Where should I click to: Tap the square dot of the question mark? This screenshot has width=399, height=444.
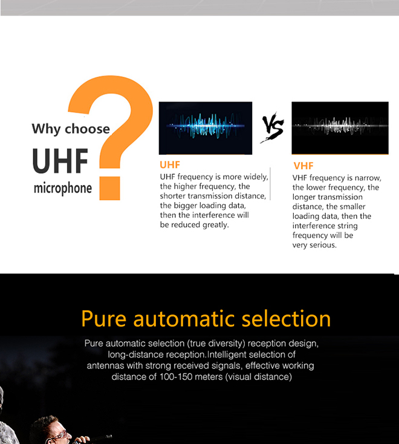(x=110, y=189)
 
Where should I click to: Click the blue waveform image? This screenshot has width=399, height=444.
(x=206, y=128)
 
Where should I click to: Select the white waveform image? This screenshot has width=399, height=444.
(x=340, y=128)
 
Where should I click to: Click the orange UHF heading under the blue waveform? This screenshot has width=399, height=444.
(x=170, y=165)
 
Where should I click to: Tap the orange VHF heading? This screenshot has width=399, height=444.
(x=303, y=166)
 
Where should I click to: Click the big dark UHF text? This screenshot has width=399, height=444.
(x=60, y=160)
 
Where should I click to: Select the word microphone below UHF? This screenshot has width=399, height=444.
(x=63, y=188)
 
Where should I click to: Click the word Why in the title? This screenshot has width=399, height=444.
(x=46, y=129)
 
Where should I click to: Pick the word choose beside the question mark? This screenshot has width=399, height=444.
(x=87, y=129)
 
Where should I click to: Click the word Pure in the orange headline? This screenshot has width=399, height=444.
(x=103, y=319)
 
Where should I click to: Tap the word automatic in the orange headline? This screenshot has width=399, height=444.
(x=184, y=319)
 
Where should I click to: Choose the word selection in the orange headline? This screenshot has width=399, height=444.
(x=286, y=319)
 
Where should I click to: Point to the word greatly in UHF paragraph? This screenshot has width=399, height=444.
(x=216, y=225)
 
